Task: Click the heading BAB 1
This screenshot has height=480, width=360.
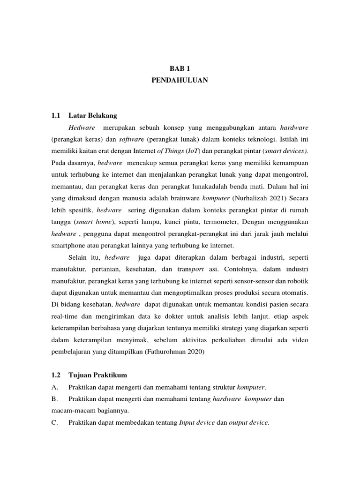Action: coord(180,68)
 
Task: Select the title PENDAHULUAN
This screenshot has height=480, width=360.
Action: coord(180,81)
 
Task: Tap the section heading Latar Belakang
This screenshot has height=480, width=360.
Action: coord(93,115)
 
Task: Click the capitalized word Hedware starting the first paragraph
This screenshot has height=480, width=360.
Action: coord(82,127)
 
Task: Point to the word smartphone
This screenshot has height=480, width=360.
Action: coord(68,245)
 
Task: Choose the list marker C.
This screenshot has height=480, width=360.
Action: coord(54,422)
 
